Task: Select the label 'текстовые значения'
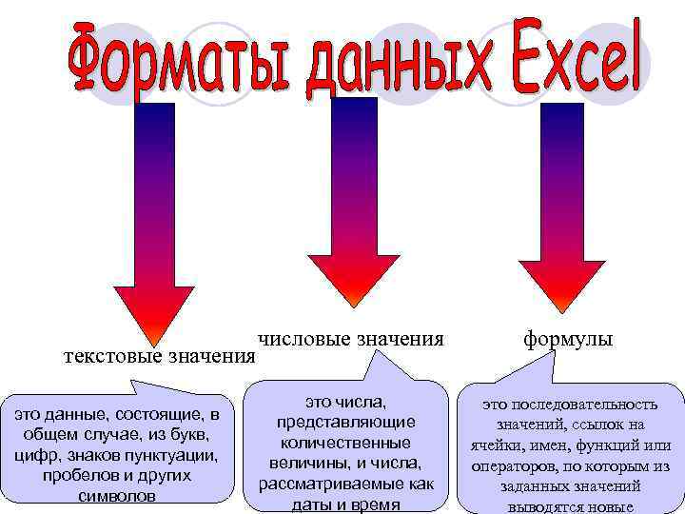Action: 159,357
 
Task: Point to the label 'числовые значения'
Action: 350,338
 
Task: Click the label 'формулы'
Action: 567,338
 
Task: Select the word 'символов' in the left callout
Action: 120,496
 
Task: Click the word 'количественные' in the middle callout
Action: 344,443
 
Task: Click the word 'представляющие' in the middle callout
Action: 344,422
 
